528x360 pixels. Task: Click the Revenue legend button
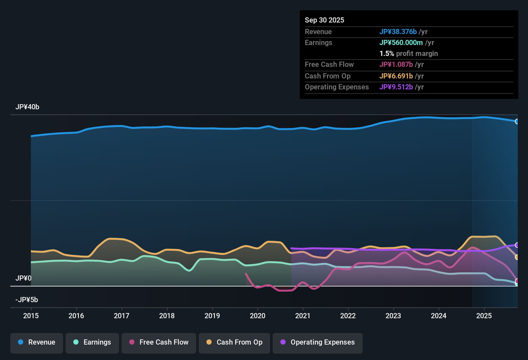37,342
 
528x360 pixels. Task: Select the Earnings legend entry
92,342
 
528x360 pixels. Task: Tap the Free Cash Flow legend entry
159,342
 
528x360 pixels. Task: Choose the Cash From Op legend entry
234,342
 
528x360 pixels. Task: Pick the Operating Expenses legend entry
318,342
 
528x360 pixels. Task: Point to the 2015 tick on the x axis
31,316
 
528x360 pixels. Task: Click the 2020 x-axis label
258,316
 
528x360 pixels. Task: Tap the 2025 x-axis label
484,316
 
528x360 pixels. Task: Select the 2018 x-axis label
167,316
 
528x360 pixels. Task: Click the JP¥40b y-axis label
27,107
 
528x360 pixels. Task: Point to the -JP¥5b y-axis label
27,300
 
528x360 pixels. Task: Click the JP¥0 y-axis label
23,278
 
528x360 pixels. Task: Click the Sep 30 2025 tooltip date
324,20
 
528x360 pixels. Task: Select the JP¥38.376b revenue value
398,32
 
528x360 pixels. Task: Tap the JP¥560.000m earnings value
401,43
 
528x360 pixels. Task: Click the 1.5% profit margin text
409,54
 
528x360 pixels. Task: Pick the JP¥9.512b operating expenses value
396,87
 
